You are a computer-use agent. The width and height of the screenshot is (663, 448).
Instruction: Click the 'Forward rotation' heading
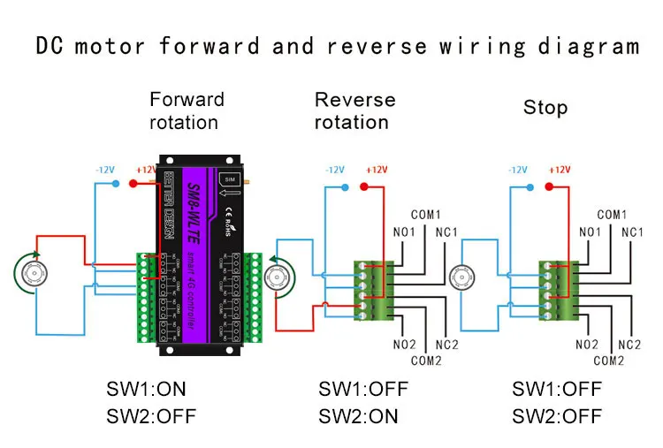point(187,110)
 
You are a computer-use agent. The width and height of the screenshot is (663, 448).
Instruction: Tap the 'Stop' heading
point(545,108)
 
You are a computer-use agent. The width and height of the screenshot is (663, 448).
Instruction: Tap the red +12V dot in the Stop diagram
point(550,186)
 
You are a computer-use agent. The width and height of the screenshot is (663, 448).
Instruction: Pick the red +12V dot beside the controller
point(133,184)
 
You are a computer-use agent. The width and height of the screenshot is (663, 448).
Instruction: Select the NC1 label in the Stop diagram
point(631,232)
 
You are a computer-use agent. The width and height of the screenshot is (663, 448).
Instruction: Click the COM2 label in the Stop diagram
point(609,361)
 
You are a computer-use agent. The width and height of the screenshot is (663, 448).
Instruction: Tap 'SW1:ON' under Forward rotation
point(147,389)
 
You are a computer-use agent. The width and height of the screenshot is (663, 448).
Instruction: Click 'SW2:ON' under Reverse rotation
point(358,415)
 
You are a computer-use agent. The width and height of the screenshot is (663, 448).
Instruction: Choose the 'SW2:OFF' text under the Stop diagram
point(557,415)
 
